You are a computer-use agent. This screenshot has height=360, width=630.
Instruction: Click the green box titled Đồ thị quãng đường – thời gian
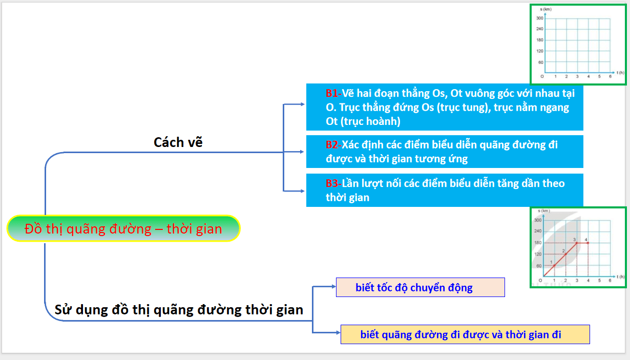pos(123,228)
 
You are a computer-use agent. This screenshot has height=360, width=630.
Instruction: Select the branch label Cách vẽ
pos(178,142)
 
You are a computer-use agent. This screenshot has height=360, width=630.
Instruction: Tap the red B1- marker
pos(333,94)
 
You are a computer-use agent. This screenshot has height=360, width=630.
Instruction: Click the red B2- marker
pos(333,145)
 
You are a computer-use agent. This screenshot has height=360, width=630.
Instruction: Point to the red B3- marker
pos(333,183)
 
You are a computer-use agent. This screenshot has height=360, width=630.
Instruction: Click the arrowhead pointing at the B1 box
pos(303,104)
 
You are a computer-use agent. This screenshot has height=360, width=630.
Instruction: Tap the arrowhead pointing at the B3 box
pos(303,191)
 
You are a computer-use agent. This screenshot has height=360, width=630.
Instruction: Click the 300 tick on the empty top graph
pos(539,18)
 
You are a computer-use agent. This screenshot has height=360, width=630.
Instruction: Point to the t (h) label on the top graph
pos(620,73)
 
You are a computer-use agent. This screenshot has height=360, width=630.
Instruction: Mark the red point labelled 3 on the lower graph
pos(577,243)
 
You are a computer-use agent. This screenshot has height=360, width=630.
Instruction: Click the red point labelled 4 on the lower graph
pos(588,243)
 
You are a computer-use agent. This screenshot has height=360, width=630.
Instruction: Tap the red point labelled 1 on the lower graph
pos(555,266)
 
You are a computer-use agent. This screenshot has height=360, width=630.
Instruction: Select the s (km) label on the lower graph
pos(543,211)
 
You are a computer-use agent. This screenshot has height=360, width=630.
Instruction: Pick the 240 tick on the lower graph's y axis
pos(538,231)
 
